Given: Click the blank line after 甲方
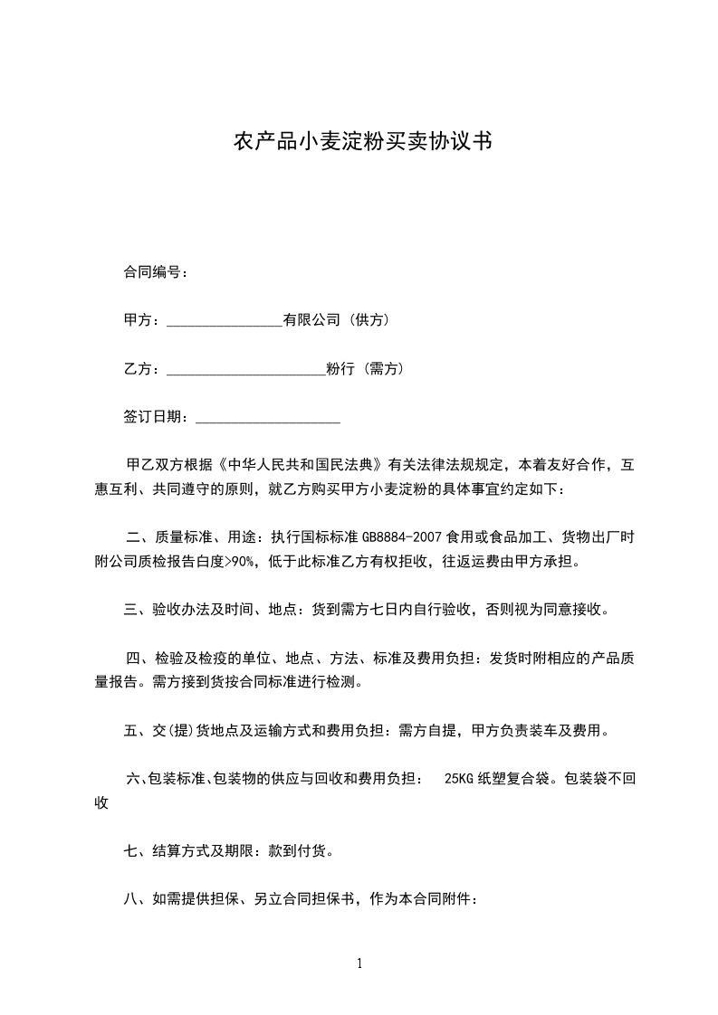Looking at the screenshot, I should coord(225,321).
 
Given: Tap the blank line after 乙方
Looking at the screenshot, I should coord(245,369).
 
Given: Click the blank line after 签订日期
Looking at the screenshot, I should coord(267,418).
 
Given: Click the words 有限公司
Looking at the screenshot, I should coord(311,320).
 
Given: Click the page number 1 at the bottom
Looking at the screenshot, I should coord(359,963).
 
